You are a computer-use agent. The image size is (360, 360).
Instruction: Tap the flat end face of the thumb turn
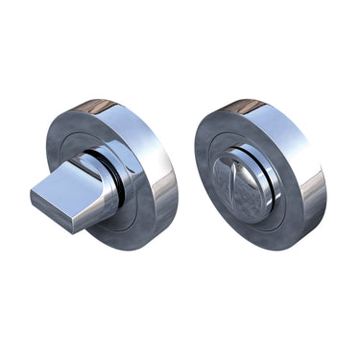[x=52, y=207]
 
